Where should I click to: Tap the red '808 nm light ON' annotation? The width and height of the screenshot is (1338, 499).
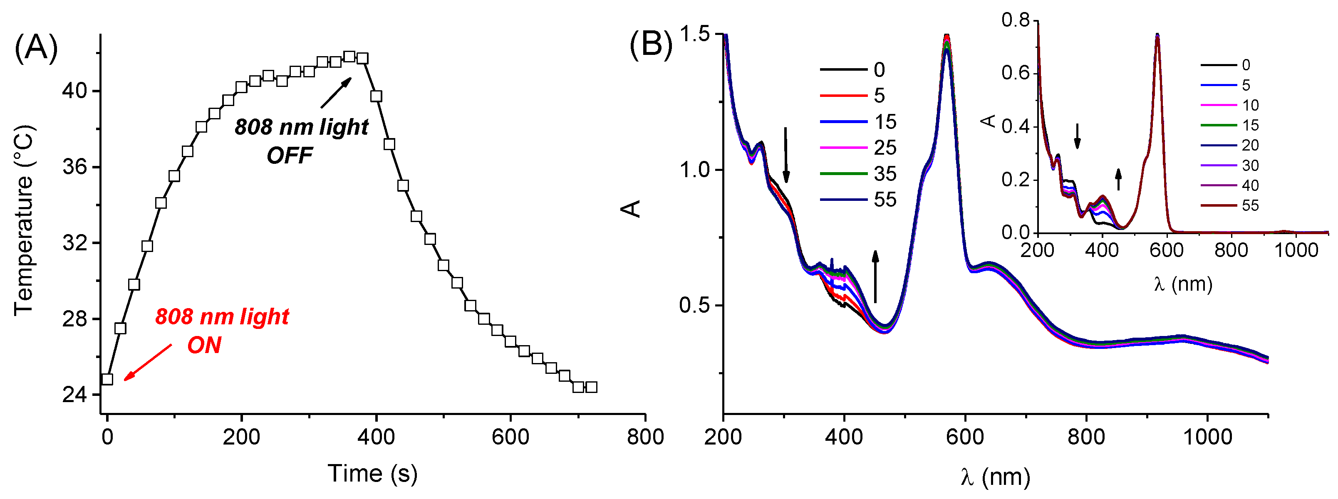coord(222,331)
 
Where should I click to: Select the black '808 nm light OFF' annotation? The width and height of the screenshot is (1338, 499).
coord(301,140)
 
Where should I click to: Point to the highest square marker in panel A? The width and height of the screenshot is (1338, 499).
coord(349,57)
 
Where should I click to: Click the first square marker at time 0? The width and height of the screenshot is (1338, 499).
coord(107,379)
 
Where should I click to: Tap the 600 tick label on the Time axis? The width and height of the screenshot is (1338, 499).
coord(510,437)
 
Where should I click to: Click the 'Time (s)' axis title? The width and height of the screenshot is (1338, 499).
coord(372,474)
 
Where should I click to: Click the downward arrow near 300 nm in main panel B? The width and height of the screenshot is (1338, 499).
coord(786,155)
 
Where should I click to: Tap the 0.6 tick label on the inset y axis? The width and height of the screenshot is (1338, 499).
coord(1016,73)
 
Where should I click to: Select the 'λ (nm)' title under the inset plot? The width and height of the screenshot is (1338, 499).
coord(1183,284)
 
